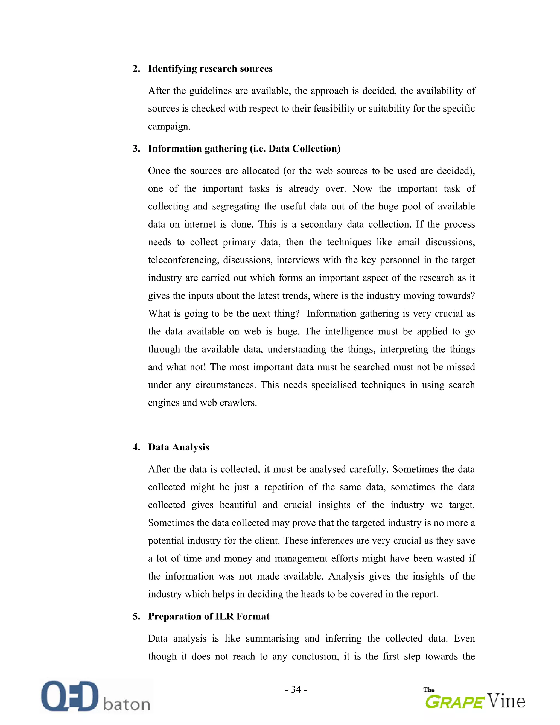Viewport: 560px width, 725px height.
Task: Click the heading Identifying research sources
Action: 210,68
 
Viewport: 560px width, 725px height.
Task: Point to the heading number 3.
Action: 136,149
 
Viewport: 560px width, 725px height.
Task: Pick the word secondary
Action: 321,225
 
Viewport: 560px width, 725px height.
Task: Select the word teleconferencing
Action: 183,260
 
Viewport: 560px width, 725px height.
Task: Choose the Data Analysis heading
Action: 178,447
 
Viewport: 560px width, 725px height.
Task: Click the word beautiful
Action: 238,505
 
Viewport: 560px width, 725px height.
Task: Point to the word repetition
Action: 284,487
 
